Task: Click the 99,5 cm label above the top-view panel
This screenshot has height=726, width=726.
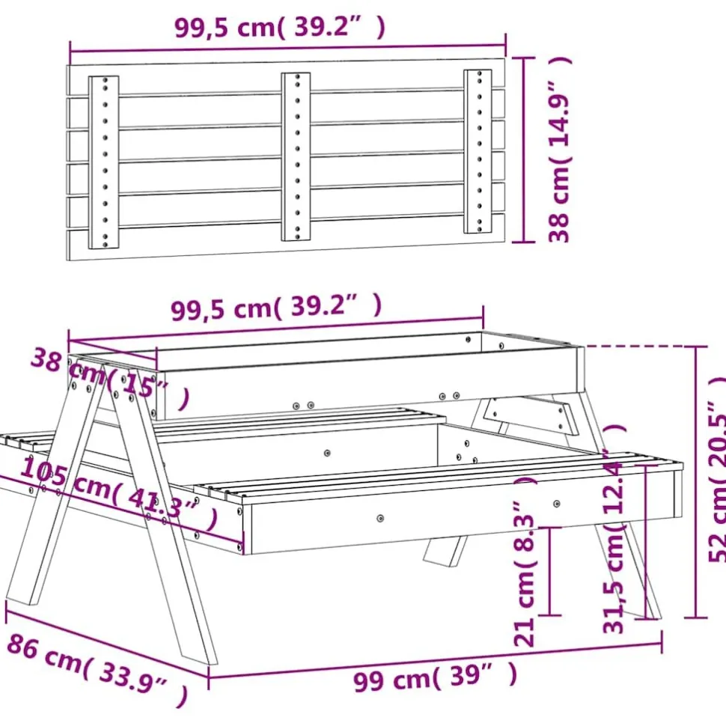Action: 280,28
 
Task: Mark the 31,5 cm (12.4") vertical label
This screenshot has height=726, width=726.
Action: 615,528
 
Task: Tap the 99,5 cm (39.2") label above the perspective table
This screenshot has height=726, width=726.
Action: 276,306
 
